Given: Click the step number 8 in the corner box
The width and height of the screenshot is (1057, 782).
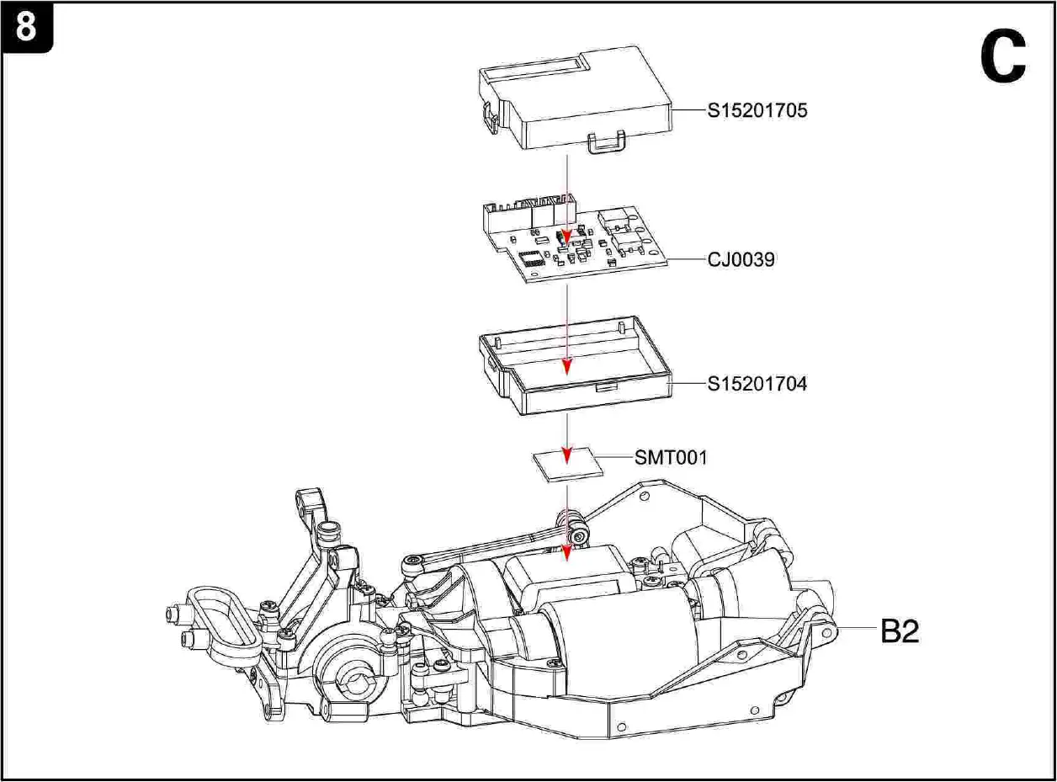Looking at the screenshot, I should click(26, 27).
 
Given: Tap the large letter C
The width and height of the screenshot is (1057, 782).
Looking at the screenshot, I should click(1003, 57).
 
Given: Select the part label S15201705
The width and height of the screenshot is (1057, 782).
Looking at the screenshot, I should click(757, 110).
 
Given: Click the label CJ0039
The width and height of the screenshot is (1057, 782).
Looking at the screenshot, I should click(741, 260).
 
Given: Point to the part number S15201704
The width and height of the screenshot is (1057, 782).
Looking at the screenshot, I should click(757, 384).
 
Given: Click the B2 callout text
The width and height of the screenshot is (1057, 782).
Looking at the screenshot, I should click(900, 631).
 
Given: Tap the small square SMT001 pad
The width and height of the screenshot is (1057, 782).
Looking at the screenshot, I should click(570, 465).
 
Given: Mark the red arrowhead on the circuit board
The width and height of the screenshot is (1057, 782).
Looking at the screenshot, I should click(567, 239).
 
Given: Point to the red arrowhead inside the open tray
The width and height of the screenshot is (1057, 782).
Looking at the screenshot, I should click(567, 366).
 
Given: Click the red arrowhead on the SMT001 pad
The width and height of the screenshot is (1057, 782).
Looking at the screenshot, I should click(567, 455).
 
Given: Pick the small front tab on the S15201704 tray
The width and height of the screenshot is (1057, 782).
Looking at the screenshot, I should click(603, 387).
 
